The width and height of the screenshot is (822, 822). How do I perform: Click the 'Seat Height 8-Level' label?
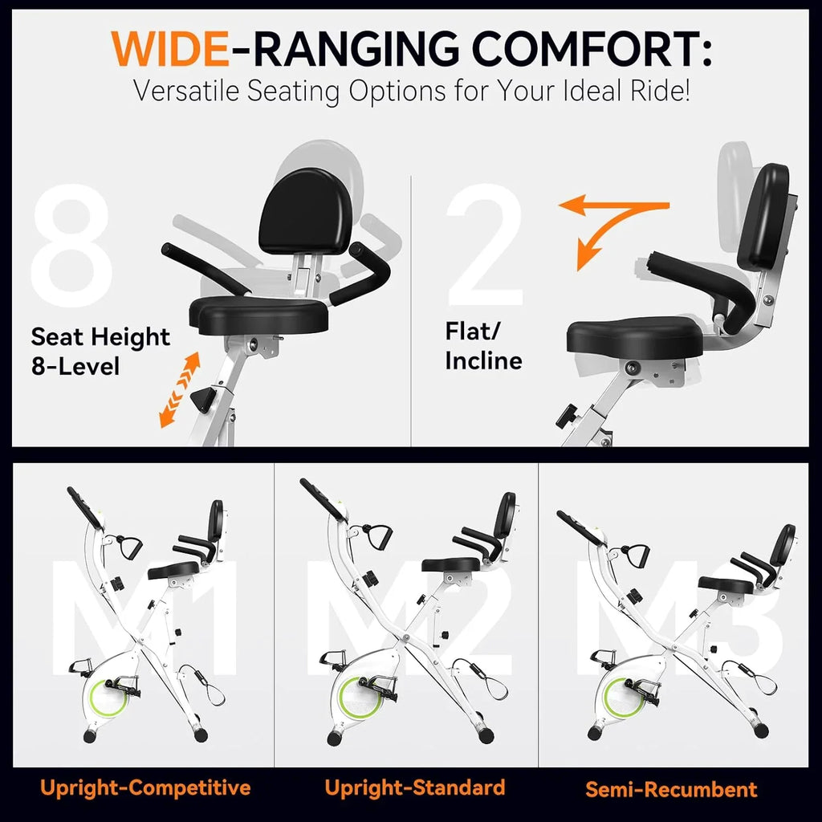click(100, 351)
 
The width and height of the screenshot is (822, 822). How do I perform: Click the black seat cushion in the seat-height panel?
click(259, 314)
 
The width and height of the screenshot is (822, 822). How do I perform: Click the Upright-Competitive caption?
click(145, 787)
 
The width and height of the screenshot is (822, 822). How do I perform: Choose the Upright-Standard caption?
click(414, 787)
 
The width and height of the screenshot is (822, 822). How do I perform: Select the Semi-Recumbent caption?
click(671, 789)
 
